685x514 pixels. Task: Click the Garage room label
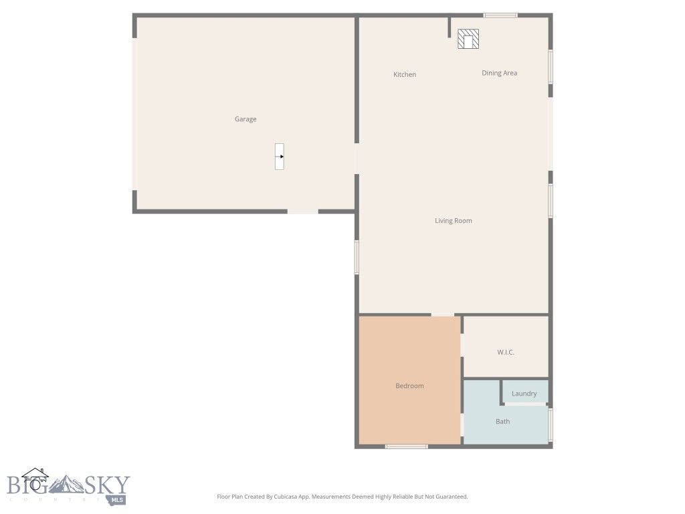(x=245, y=119)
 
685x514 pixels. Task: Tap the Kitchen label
(x=405, y=74)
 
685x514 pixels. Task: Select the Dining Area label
(x=499, y=73)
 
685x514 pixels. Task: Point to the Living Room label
(x=454, y=221)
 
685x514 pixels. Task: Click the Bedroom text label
(x=409, y=385)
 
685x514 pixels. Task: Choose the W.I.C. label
(x=506, y=352)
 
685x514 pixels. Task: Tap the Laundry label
(x=524, y=394)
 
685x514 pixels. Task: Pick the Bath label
(x=502, y=422)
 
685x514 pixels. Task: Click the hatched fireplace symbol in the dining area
(x=469, y=39)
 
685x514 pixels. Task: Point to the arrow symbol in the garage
(x=280, y=157)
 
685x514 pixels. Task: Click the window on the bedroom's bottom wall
(x=406, y=446)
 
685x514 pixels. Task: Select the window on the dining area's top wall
(x=500, y=15)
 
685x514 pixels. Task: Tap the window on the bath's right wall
(x=551, y=425)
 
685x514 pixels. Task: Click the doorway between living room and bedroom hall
(x=442, y=314)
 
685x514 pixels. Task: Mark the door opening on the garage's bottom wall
(x=302, y=211)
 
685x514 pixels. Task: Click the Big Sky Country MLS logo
(x=68, y=486)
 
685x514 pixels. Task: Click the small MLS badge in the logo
(x=118, y=499)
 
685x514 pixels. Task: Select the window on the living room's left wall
(x=357, y=257)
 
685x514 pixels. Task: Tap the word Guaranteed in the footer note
(x=450, y=497)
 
